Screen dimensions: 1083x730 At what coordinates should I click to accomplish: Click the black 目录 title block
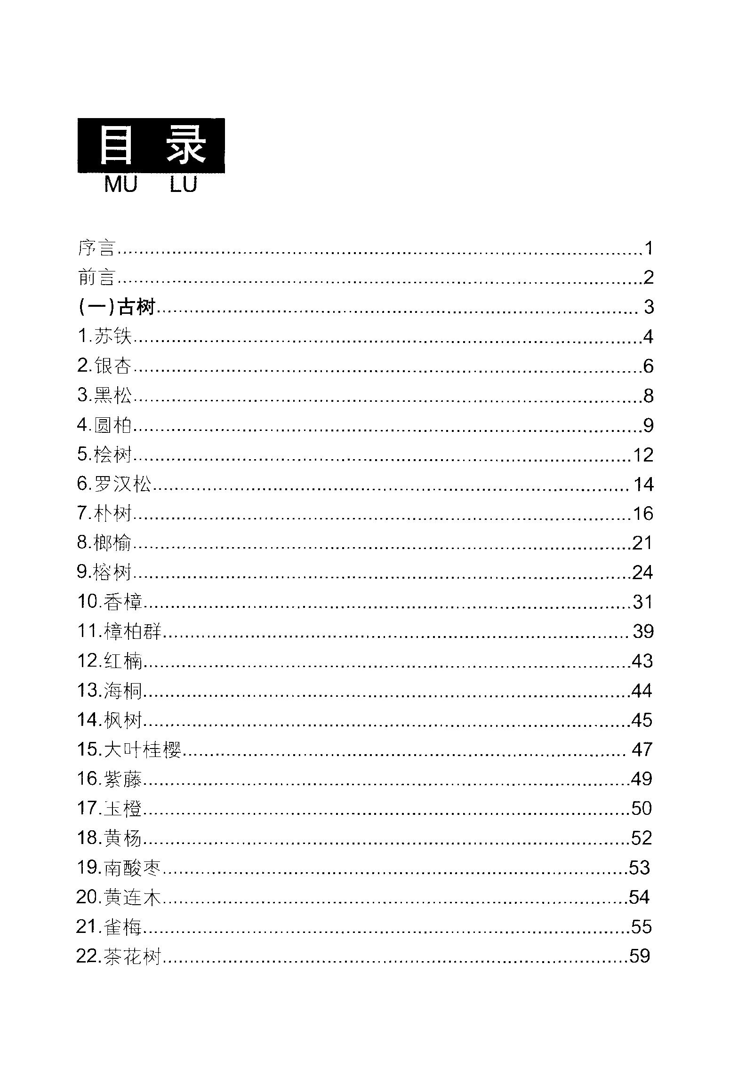(x=151, y=145)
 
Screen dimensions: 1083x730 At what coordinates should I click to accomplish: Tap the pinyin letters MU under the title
(x=120, y=184)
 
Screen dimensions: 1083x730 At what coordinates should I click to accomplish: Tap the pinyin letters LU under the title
(x=183, y=184)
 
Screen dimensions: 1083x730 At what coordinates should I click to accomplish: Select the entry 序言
(x=96, y=248)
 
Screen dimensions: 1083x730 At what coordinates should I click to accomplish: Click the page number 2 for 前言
(x=649, y=278)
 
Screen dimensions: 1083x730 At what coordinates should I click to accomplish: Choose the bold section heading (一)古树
(x=117, y=307)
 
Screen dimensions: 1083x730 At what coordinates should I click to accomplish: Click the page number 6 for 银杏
(x=649, y=366)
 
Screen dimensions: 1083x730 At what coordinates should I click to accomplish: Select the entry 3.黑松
(x=104, y=395)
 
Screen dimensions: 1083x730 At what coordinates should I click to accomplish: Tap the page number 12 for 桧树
(x=643, y=455)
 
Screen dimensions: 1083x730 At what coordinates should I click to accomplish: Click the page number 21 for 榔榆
(x=642, y=543)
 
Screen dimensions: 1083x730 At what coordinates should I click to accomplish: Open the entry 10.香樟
(x=110, y=602)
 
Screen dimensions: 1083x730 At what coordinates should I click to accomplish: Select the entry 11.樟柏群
(x=119, y=631)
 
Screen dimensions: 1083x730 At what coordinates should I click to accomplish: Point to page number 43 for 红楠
(x=642, y=661)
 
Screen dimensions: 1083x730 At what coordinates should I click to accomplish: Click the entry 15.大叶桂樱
(x=129, y=749)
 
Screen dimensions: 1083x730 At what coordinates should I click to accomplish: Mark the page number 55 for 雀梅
(x=642, y=927)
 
